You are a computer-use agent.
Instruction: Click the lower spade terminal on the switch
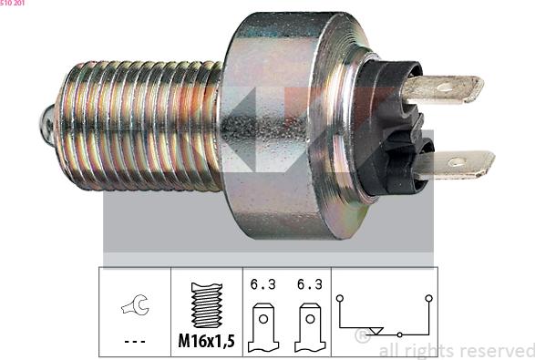[x=453, y=165]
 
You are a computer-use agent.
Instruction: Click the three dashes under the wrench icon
[x=134, y=343]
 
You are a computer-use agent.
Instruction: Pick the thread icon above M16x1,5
[x=206, y=306]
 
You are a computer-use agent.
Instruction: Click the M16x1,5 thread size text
[x=206, y=343]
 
